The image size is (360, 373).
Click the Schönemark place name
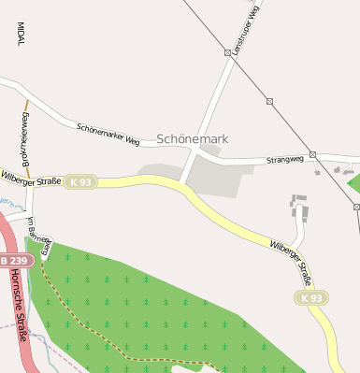[x=192, y=138]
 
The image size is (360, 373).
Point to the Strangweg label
[x=286, y=160]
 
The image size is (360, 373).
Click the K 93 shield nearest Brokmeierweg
[x=81, y=182]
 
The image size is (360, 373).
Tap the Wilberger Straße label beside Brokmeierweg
[x=31, y=178]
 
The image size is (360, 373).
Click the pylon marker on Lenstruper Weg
[x=227, y=53]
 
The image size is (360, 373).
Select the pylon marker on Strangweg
[x=313, y=154]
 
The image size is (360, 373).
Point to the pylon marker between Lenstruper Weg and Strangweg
[x=269, y=101]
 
